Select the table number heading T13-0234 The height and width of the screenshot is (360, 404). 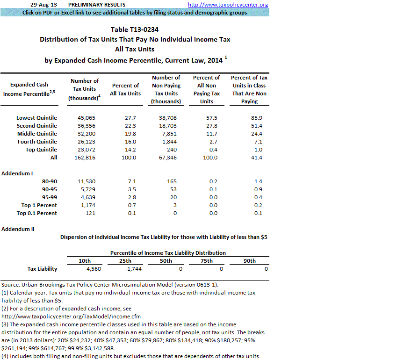[135, 29]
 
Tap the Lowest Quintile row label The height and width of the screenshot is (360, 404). [36, 118]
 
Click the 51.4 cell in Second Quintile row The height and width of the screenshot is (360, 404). [250, 126]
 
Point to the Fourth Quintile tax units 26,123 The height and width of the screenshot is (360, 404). [86, 142]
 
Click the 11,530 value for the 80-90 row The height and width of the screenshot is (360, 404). [86, 181]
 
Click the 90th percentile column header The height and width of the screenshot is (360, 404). [249, 261]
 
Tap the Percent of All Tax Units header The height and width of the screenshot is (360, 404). [125, 89]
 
